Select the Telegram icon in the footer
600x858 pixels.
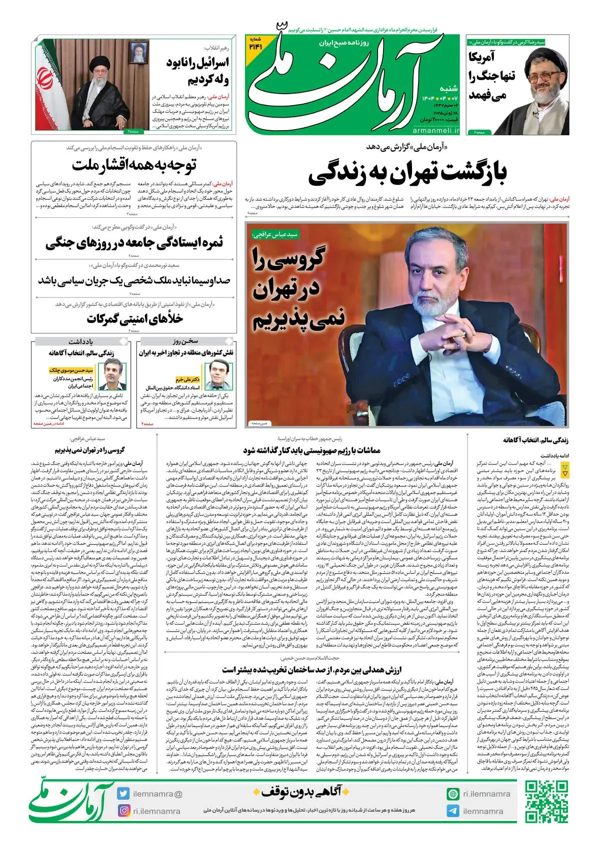(x=453, y=811)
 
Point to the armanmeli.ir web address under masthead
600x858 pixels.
(x=436, y=130)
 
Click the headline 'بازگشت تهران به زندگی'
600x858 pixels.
(x=407, y=173)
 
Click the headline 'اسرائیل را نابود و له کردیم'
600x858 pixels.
(x=197, y=71)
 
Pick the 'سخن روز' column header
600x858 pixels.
(x=185, y=341)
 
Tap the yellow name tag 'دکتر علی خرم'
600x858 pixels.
(x=187, y=380)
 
